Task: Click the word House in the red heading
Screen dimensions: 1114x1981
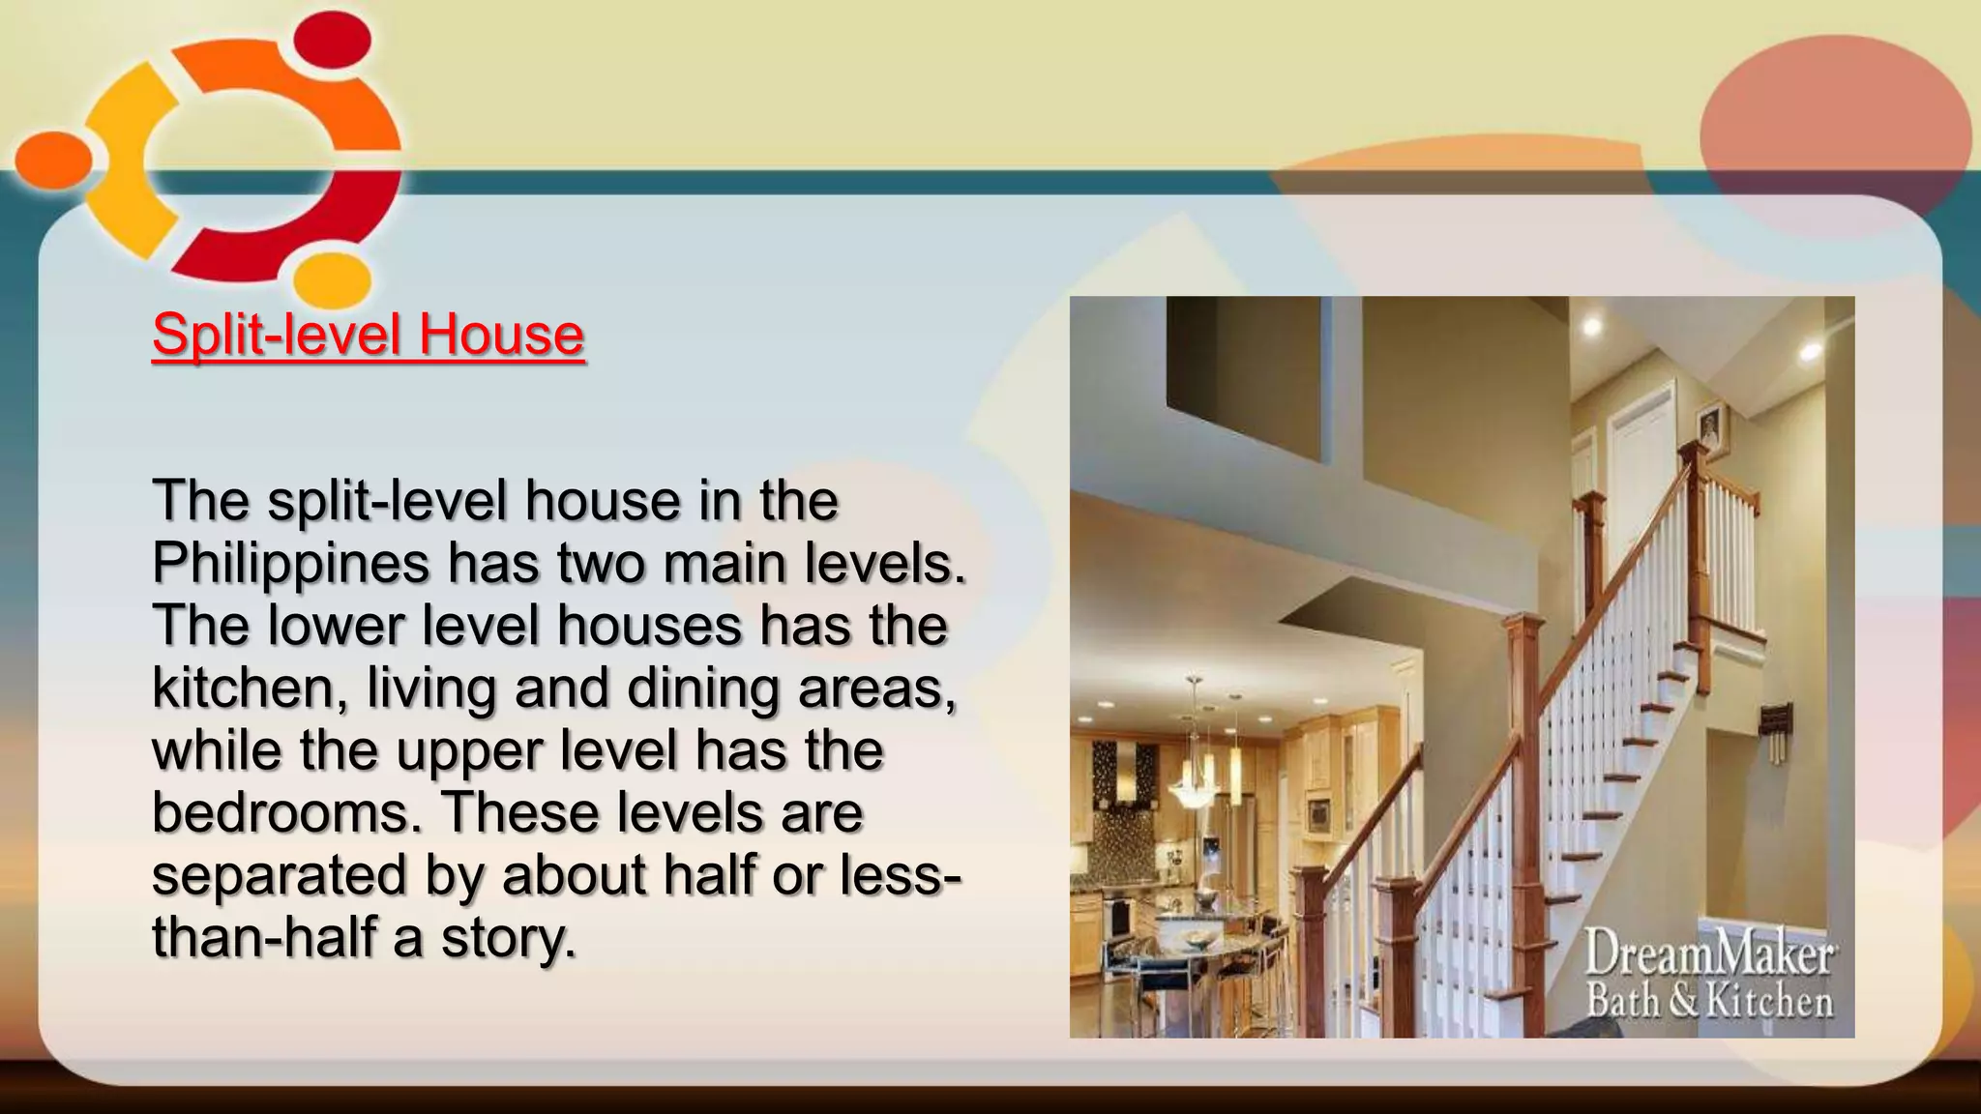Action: (x=501, y=335)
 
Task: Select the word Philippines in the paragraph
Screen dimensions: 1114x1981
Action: (x=290, y=563)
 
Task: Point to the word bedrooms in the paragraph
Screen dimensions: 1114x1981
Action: (x=280, y=812)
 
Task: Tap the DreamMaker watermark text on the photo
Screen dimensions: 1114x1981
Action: (x=1709, y=955)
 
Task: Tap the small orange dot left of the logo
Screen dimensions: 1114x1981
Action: (x=53, y=160)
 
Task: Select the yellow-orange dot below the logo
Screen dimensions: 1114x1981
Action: (x=333, y=280)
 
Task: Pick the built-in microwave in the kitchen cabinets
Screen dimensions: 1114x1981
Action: (x=1317, y=812)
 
